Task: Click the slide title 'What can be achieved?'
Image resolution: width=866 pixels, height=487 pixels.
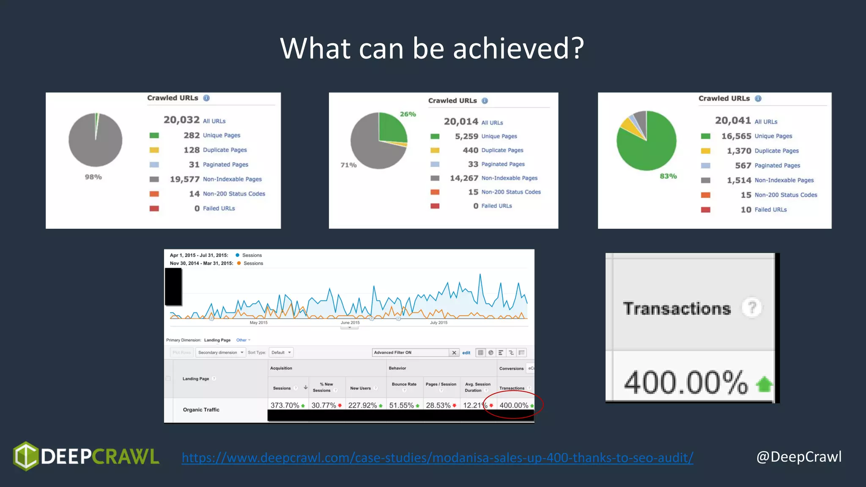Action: click(432, 48)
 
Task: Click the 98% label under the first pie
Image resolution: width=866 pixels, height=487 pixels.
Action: click(93, 177)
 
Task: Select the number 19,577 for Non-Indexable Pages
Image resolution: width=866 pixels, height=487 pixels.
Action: click(184, 179)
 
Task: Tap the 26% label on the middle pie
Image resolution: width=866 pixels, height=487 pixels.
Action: click(408, 114)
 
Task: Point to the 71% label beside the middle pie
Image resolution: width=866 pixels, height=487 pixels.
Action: click(348, 165)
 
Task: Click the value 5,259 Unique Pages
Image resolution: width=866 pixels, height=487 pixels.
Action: click(466, 136)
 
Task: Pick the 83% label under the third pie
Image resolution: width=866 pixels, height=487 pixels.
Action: click(668, 176)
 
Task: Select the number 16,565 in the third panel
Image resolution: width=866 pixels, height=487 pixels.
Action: click(736, 136)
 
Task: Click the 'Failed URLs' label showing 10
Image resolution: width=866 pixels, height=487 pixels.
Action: click(770, 210)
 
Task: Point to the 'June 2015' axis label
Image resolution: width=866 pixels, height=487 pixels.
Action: click(350, 323)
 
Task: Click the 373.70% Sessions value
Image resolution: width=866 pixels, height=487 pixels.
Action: click(285, 405)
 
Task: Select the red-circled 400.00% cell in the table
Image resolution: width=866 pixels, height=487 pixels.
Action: click(514, 405)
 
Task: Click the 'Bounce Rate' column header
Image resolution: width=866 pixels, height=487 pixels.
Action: click(404, 384)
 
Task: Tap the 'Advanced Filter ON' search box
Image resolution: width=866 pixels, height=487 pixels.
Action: click(410, 353)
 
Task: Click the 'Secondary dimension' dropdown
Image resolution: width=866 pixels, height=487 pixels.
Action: click(220, 353)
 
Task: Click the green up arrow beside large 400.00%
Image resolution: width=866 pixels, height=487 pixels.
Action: click(764, 384)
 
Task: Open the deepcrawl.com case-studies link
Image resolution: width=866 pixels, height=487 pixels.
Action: click(437, 457)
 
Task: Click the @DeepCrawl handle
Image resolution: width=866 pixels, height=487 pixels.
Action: click(799, 457)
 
